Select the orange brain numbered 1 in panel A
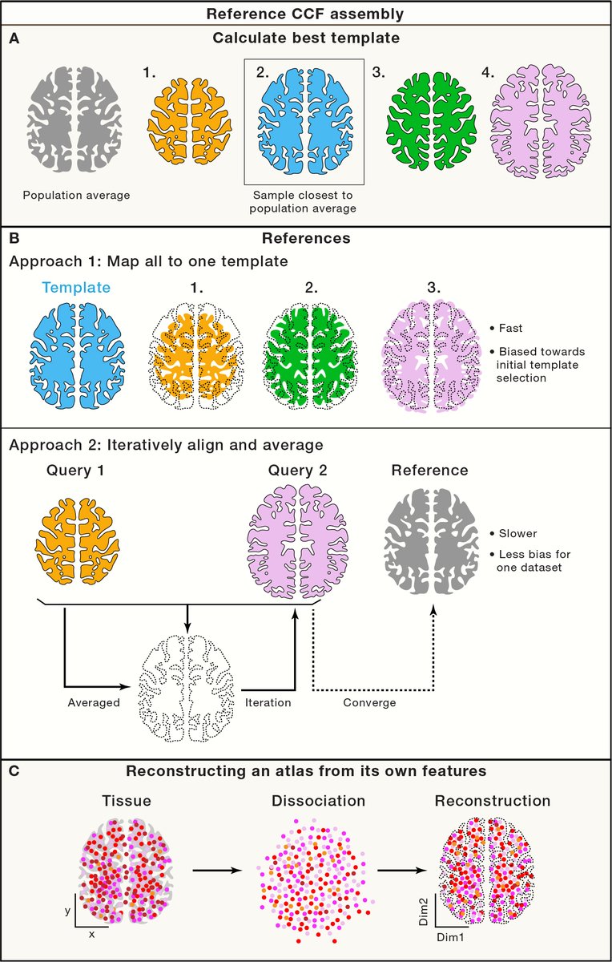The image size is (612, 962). (x=189, y=120)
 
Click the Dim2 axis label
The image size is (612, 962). (x=423, y=915)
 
